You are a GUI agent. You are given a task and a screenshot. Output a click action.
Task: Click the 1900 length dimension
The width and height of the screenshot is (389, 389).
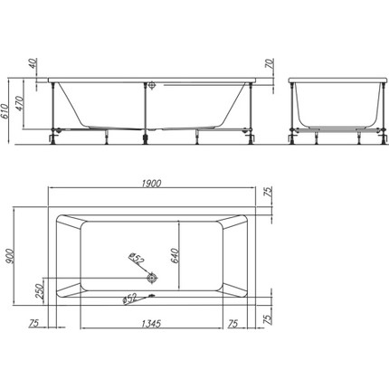(152, 183)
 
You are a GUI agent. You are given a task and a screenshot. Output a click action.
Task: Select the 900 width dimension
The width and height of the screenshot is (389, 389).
(9, 257)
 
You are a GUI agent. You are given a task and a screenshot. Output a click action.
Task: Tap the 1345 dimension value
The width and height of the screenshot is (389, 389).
(151, 324)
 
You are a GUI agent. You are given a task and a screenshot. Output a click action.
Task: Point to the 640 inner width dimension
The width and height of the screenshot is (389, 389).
(176, 256)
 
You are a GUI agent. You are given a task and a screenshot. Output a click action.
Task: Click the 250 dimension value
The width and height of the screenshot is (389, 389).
(40, 290)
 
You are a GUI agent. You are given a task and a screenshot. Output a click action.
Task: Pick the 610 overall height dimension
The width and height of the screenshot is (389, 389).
(4, 111)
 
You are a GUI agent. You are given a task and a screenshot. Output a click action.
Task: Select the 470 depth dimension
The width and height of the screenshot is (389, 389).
(19, 103)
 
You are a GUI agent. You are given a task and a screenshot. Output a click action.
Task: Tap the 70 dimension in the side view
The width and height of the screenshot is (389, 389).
(270, 63)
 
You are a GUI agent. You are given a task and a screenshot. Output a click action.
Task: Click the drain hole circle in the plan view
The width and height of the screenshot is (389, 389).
(152, 278)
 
